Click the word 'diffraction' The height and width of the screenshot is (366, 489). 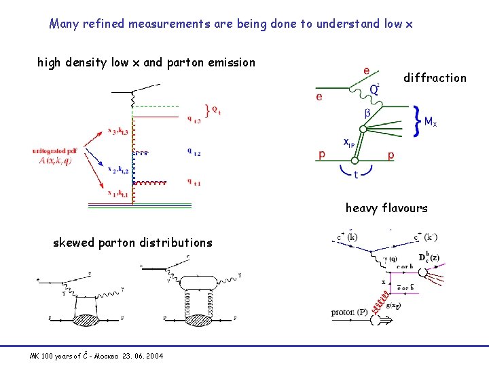click(x=435, y=78)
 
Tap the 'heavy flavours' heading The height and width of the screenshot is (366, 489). click(x=386, y=208)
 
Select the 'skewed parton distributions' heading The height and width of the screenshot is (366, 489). click(x=132, y=243)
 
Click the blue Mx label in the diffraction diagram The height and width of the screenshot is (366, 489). click(x=431, y=123)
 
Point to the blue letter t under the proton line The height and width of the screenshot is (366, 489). click(x=356, y=176)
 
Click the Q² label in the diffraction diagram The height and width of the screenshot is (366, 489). click(x=374, y=89)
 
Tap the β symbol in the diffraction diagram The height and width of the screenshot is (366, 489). click(x=367, y=113)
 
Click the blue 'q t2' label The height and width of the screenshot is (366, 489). click(x=193, y=152)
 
